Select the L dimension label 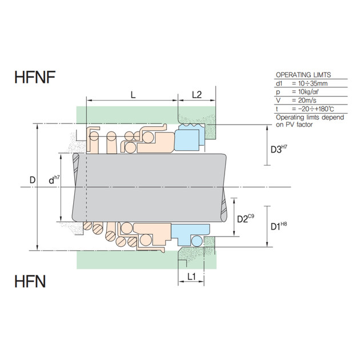coord(133,95)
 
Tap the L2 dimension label coord(196,95)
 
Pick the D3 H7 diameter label coord(278,150)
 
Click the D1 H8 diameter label coord(278,226)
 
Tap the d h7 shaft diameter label coord(54,181)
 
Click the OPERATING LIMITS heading coord(303,75)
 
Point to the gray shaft coord(149,186)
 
